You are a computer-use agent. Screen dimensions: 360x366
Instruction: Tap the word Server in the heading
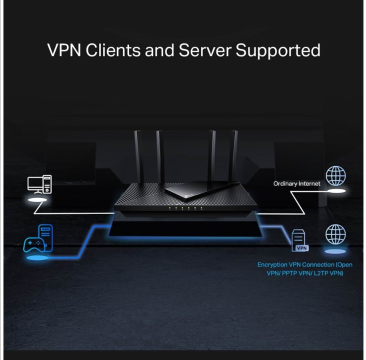tap(205, 50)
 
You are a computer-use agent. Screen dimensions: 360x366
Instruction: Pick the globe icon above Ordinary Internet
tap(335, 176)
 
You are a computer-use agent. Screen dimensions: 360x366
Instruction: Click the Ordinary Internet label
tap(296, 183)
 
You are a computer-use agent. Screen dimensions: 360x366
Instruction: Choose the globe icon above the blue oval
tap(335, 234)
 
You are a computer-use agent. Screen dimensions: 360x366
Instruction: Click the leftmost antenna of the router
tap(138, 155)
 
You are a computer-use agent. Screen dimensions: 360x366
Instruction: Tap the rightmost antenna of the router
tap(233, 155)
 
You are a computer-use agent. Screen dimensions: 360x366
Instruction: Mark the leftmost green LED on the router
tap(169, 207)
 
